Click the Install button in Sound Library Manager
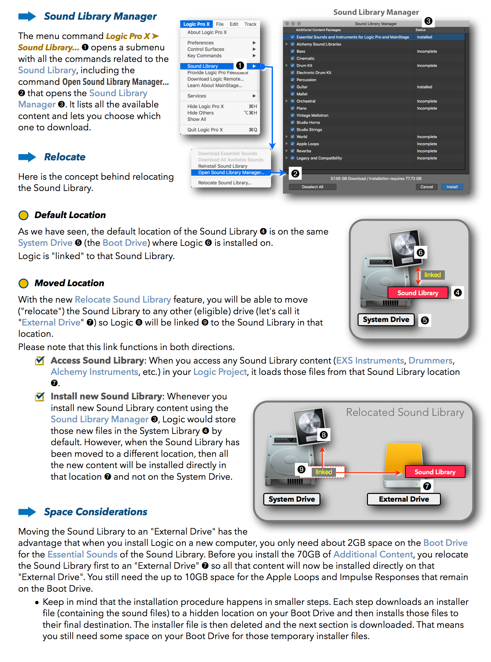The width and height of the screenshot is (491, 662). tap(452, 187)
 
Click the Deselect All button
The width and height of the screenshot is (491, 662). tap(312, 187)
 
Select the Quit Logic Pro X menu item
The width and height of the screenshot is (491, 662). tap(205, 130)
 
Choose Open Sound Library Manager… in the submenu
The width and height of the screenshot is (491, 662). tap(231, 173)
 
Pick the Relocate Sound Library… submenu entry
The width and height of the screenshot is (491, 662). tap(225, 183)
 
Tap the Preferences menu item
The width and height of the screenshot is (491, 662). tap(200, 43)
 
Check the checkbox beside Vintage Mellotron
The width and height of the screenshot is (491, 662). tap(292, 115)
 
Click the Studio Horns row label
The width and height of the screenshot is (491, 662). tap(308, 123)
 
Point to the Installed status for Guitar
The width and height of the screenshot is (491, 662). tap(424, 87)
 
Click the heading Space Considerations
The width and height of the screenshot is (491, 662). tap(96, 512)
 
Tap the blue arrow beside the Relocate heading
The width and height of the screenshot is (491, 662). tap(27, 157)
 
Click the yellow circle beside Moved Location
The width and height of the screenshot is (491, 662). tap(24, 283)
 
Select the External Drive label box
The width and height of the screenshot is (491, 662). tap(404, 499)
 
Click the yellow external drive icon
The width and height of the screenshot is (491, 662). tap(403, 458)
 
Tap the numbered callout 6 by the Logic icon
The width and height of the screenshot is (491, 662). tap(420, 253)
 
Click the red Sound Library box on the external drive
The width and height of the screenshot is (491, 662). tap(435, 472)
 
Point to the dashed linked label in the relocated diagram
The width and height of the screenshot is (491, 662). tap(324, 472)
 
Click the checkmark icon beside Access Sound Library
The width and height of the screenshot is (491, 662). tap(40, 361)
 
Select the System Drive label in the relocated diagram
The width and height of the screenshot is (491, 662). tap(292, 499)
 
